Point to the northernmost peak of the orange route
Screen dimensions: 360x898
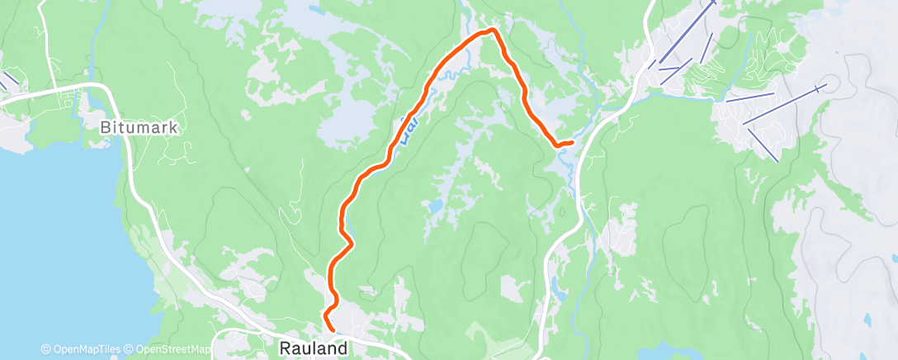[x=493, y=31]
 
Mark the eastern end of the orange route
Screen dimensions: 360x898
[x=571, y=143]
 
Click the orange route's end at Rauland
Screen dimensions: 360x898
[x=333, y=329]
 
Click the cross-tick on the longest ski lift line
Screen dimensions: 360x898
[x=817, y=88]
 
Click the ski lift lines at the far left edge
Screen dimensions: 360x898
[x=7, y=80]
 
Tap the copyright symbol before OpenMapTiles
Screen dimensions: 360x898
[x=46, y=349]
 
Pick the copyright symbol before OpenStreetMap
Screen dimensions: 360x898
[x=131, y=349]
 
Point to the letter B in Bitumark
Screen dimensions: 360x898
[x=106, y=129]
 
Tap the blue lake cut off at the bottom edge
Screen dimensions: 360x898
[x=677, y=354]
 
